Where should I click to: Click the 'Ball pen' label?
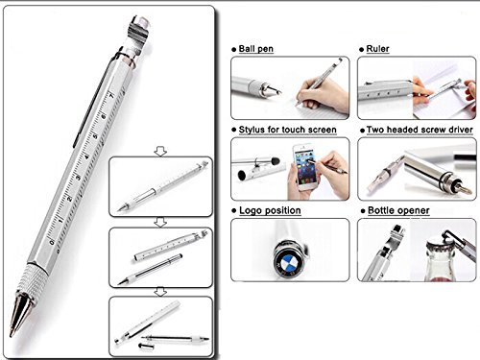coord(259,47)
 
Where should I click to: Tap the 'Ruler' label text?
coord(377,47)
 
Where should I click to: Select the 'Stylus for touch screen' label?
coord(283,128)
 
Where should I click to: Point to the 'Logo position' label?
coord(271,208)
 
